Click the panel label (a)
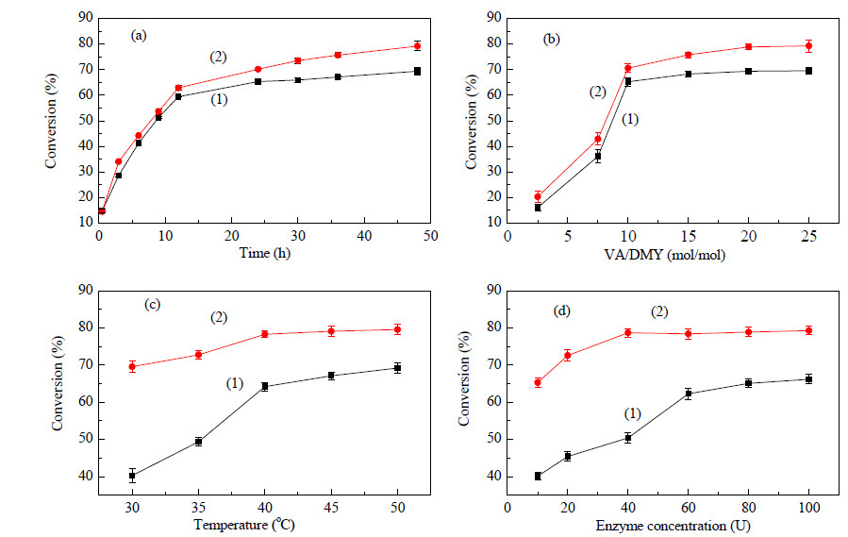(x=139, y=36)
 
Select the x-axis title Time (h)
(x=265, y=253)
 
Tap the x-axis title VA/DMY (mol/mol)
(x=665, y=255)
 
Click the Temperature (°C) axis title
(x=244, y=525)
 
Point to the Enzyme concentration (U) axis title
(x=673, y=526)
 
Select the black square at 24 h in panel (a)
(x=258, y=82)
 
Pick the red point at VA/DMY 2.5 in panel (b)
(x=538, y=196)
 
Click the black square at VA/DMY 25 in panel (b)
(x=809, y=71)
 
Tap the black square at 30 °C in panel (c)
(x=132, y=476)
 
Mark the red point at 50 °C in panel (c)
(x=397, y=329)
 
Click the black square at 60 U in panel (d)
(x=689, y=394)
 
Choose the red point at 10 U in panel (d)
(x=538, y=383)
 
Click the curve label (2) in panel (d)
(x=659, y=311)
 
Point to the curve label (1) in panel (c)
(x=235, y=384)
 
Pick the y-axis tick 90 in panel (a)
(x=87, y=19)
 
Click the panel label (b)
(x=551, y=40)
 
